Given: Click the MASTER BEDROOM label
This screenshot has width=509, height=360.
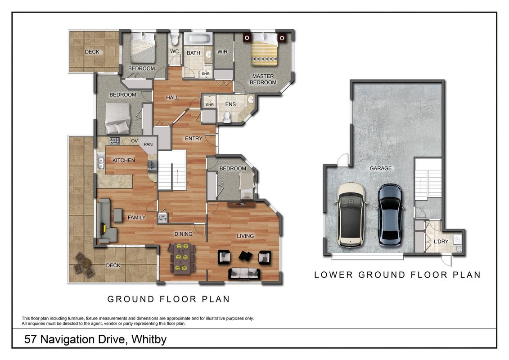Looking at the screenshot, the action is tap(263, 79).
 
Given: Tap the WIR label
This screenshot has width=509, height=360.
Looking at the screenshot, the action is tap(222, 52).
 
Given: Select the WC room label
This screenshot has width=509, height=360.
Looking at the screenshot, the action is tap(174, 51).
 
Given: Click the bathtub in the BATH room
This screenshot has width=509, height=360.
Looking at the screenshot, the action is tap(198, 39).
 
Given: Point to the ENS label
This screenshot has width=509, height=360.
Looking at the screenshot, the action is tap(230, 104).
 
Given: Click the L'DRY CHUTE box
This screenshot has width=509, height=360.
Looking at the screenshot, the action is tap(162, 218).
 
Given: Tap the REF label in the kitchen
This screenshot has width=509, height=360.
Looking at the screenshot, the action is tap(153, 165).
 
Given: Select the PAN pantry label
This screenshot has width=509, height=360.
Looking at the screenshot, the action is tap(148, 144).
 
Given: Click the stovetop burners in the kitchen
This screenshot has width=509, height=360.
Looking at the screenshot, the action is tap(115, 141).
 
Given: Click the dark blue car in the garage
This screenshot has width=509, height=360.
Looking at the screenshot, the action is tap(391, 215).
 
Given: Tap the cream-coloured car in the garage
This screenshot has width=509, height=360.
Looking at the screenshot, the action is tap(351, 215).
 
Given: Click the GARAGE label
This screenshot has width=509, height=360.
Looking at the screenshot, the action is tap(380, 168).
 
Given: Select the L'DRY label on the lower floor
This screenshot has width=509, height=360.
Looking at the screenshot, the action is tap(441, 242).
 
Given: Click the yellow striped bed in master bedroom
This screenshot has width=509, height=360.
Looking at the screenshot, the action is tap(264, 49).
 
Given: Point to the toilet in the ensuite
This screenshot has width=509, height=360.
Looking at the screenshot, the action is tap(227, 117).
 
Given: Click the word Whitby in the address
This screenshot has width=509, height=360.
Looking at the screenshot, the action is tap(149, 340).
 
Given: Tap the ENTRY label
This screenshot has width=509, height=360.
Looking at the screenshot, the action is tap(194, 138).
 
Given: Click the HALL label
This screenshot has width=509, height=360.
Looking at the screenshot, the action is tap(172, 97).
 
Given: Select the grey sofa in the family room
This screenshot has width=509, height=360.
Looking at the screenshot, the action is tap(107, 220).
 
